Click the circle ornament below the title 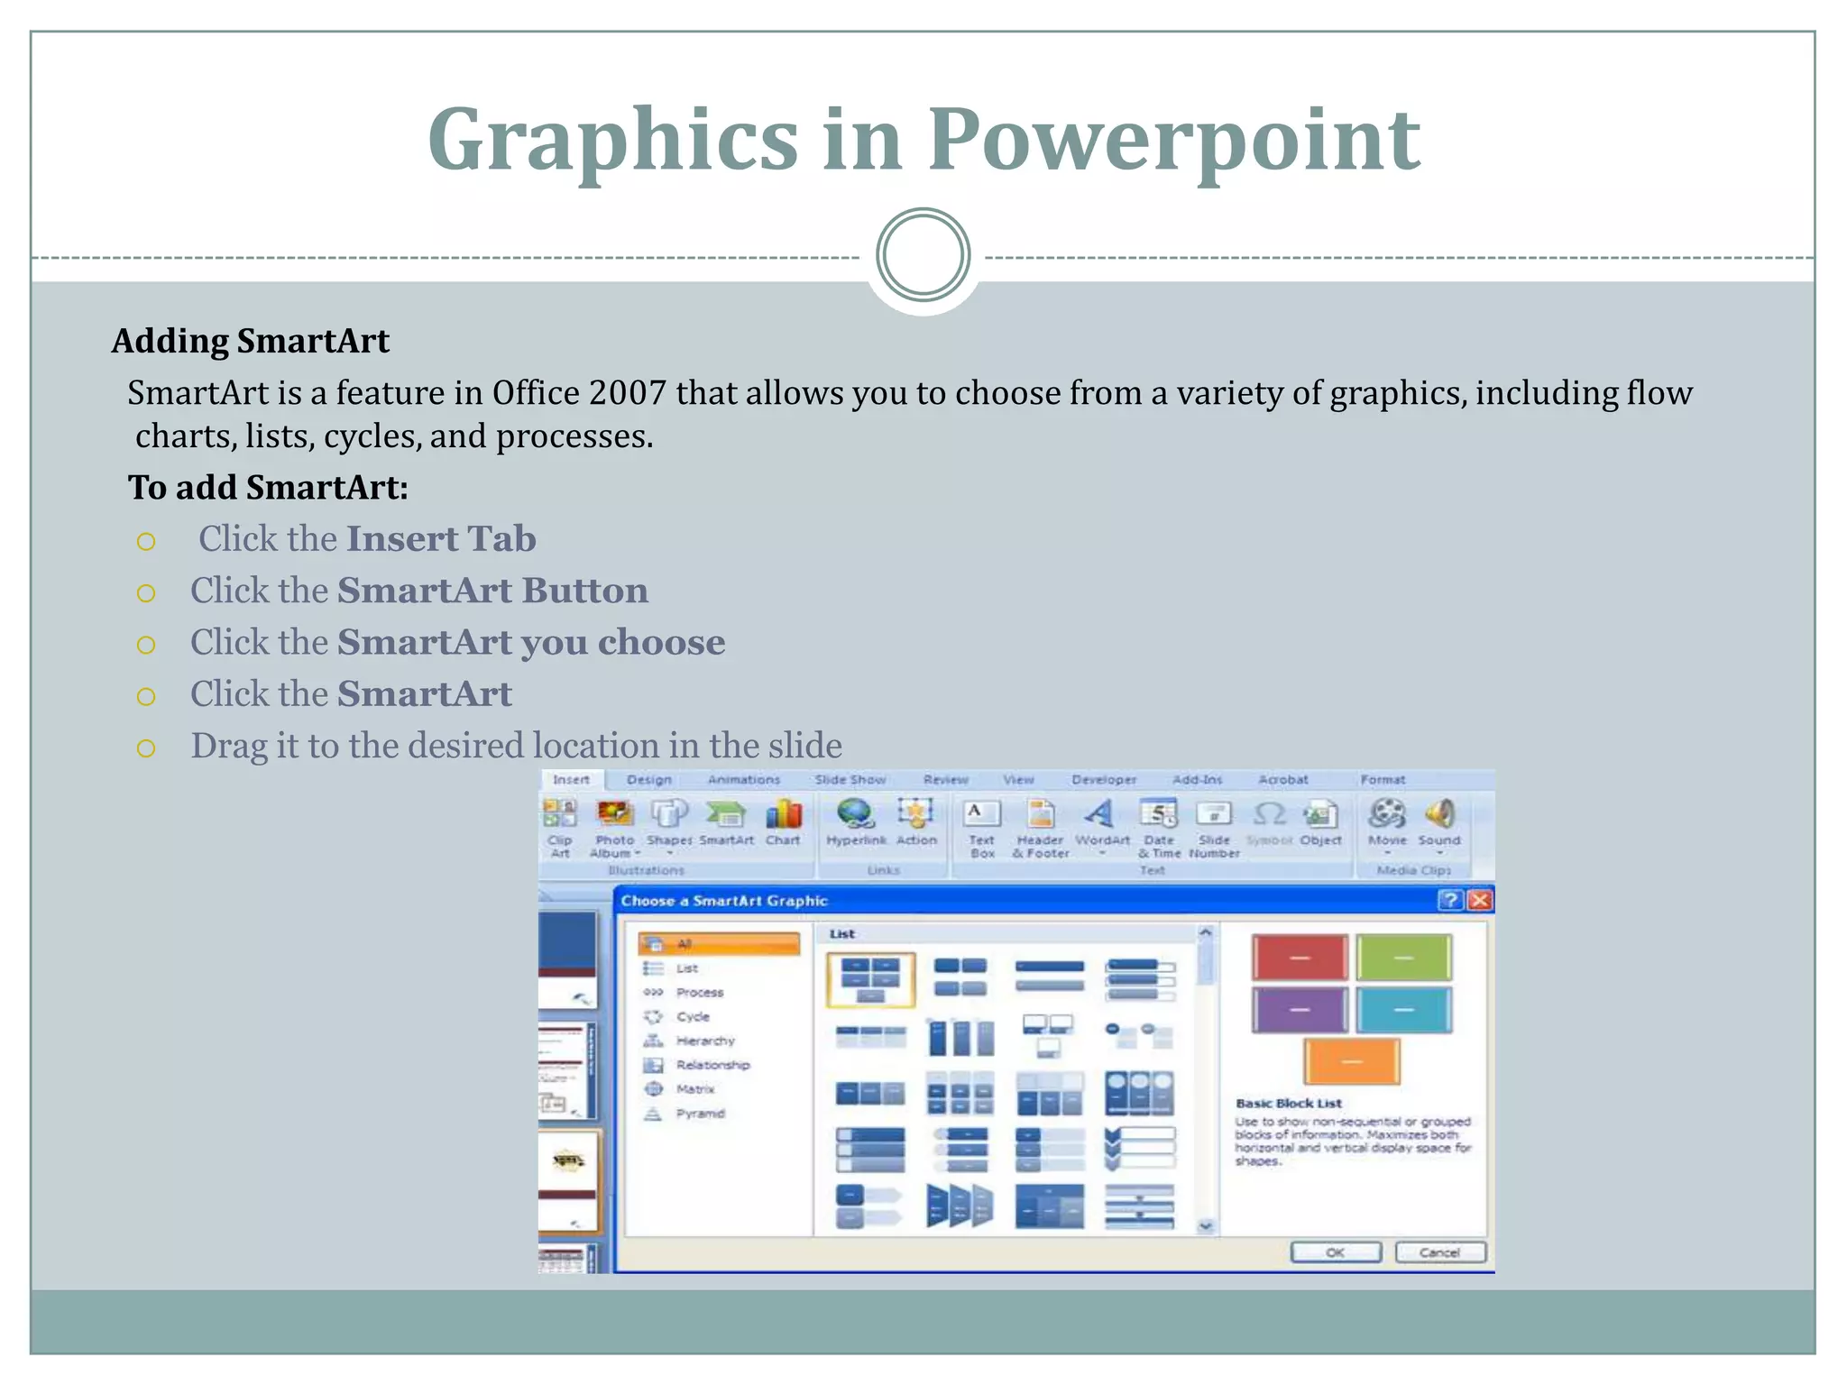coord(923,255)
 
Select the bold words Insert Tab coord(441,539)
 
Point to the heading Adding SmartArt coord(250,341)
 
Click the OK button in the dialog coord(1335,1252)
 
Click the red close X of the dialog coord(1479,900)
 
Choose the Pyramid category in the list coord(700,1114)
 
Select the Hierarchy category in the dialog coord(704,1041)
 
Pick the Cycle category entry coord(693,1016)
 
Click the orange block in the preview coord(1351,1061)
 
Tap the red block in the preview coord(1300,958)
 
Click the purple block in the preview coord(1300,1010)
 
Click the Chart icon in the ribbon coord(783,815)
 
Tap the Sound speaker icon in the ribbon coord(1439,814)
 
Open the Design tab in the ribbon coord(649,779)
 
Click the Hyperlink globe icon coord(855,815)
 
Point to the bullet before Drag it coord(146,748)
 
